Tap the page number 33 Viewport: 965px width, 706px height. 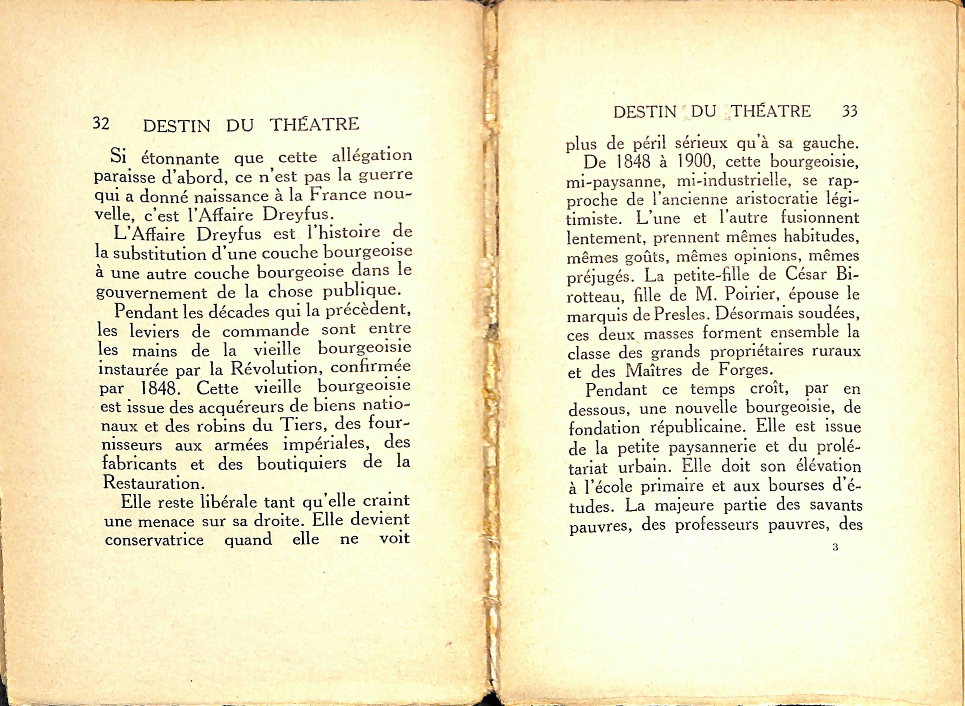click(x=850, y=112)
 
